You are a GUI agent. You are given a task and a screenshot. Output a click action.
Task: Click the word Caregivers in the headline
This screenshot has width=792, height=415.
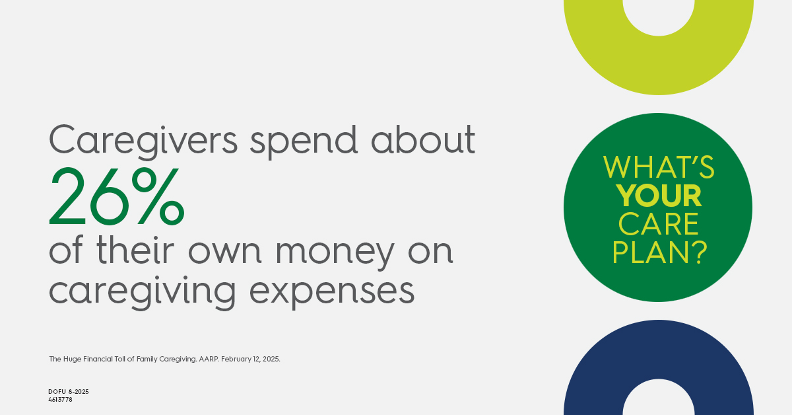coord(143,141)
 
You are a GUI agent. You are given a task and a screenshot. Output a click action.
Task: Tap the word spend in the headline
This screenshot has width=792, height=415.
coord(304,141)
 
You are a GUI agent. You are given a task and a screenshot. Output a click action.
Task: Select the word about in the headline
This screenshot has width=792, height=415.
coord(423,139)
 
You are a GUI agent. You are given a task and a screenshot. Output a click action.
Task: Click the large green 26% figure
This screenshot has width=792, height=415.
coord(117,196)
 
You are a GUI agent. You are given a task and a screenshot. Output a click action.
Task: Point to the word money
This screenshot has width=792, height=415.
coord(335,252)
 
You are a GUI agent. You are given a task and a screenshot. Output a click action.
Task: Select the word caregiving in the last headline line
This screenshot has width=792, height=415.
coord(142,291)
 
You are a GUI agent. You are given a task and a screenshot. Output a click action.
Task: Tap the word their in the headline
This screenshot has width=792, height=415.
coord(135,249)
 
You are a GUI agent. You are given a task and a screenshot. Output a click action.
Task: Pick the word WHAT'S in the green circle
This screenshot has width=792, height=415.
coord(659,167)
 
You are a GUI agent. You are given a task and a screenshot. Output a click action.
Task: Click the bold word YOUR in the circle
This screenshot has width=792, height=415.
coord(659,196)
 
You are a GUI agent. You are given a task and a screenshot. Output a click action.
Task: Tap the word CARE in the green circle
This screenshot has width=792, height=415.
coord(659,224)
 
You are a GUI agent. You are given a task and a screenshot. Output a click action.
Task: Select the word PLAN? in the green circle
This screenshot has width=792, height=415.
coord(659,252)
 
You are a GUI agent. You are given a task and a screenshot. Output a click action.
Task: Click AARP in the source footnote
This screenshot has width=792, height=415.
coord(209,359)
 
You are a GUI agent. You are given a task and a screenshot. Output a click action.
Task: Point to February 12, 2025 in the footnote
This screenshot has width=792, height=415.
coord(251,359)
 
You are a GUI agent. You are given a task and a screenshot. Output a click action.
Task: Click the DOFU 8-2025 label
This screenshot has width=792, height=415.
coord(69,392)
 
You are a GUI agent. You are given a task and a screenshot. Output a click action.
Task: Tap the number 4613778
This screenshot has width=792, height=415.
coord(60,400)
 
